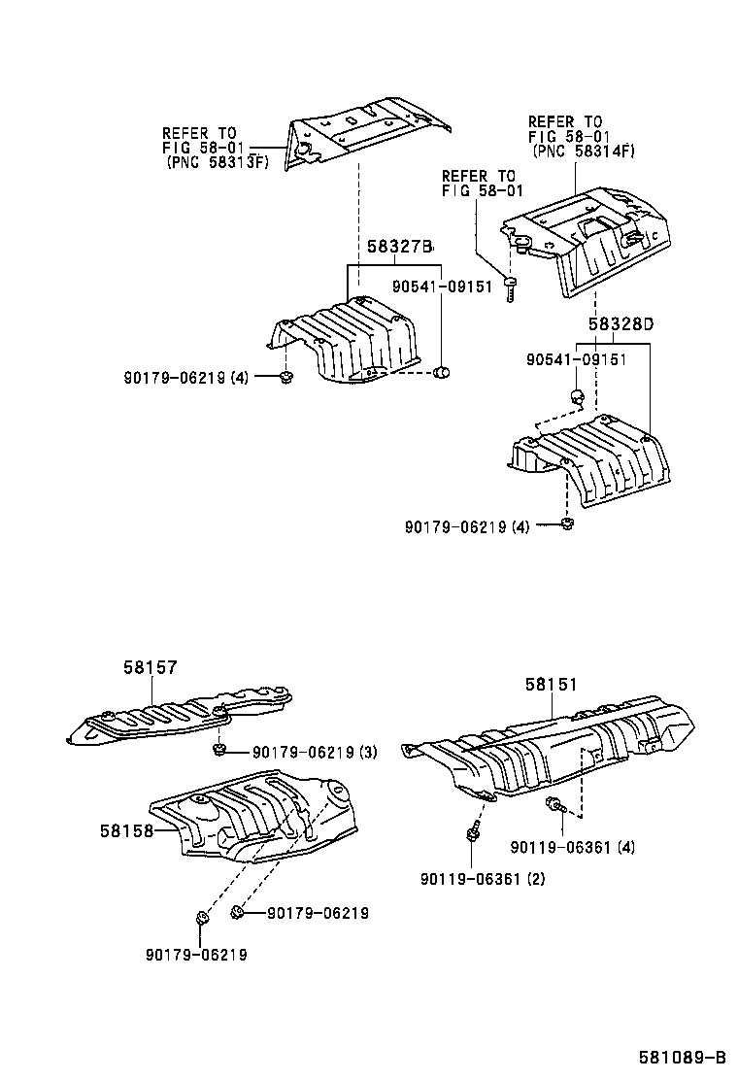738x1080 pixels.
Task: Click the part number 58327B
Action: [398, 248]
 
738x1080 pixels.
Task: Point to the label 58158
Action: [125, 831]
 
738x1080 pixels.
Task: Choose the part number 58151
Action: [552, 685]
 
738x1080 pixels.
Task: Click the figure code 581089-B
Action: [682, 1057]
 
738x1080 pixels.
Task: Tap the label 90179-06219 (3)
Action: [315, 752]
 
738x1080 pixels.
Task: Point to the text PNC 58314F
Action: [583, 152]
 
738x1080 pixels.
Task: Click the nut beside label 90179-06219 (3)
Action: [220, 749]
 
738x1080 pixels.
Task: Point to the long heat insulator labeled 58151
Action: [553, 743]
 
